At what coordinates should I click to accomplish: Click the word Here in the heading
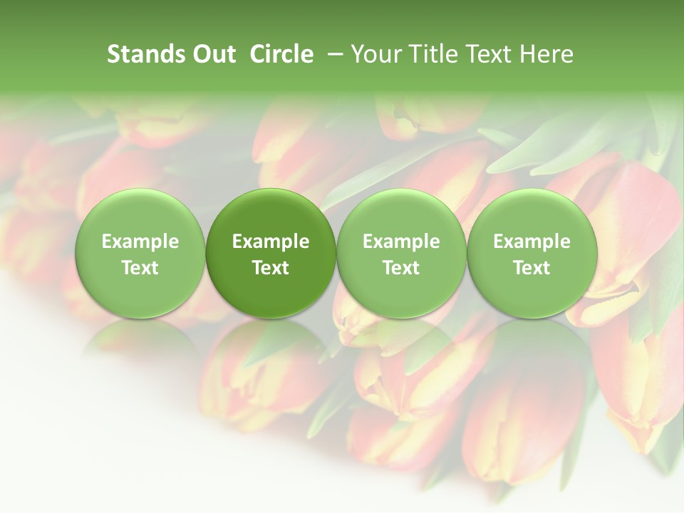pos(547,54)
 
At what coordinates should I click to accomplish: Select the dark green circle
pos(271,254)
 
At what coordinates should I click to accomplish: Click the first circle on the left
pos(140,254)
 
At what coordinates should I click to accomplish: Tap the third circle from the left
pos(401,254)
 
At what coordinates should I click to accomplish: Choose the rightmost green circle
pos(532,254)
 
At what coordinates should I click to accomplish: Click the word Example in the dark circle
pos(271,242)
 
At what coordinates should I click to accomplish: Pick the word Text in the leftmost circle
pos(140,268)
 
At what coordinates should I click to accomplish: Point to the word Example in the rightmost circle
pos(532,242)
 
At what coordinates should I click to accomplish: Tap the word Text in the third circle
pos(401,268)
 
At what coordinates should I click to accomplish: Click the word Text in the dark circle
pos(271,268)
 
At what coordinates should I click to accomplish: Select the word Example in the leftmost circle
pos(140,242)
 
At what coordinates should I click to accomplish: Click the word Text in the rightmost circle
pos(532,268)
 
